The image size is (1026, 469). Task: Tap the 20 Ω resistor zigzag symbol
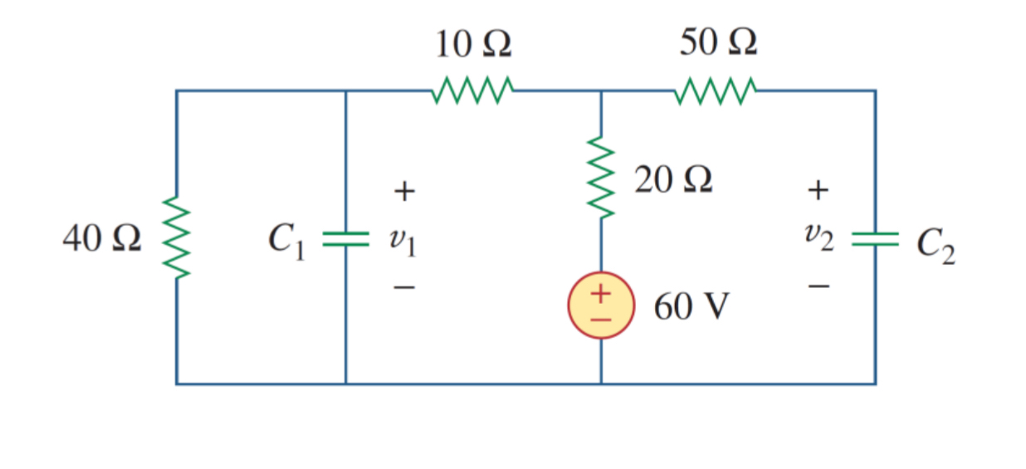601,179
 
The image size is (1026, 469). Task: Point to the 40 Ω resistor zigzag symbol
176,239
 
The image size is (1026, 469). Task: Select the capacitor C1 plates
345,239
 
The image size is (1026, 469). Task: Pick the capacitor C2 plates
875,239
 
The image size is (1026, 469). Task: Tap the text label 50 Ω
718,42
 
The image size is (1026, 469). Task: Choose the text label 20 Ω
673,179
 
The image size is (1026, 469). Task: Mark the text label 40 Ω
101,239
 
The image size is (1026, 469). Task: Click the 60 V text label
691,307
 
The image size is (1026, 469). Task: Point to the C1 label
286,241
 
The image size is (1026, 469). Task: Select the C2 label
936,245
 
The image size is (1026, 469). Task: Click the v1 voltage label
403,242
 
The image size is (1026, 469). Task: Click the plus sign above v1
403,193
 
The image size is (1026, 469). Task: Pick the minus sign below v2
818,286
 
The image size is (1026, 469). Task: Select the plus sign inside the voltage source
600,294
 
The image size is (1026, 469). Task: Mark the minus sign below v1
403,288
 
